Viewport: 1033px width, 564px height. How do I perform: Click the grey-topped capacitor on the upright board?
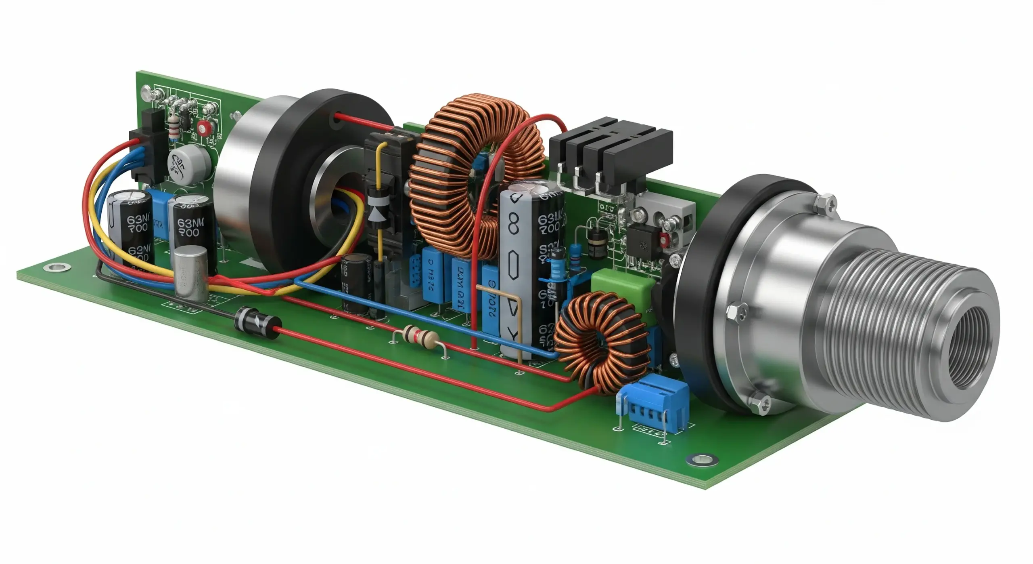(189, 164)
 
